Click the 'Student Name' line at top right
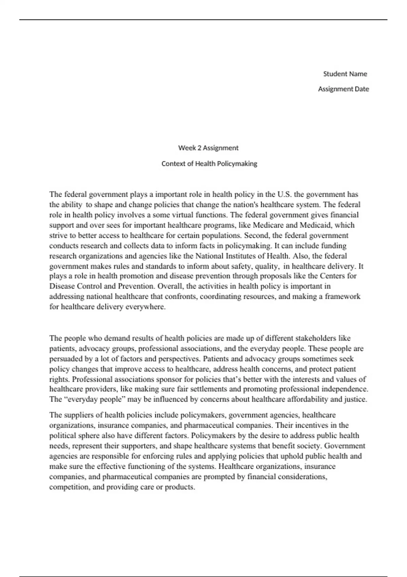click(345, 74)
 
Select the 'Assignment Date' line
click(343, 89)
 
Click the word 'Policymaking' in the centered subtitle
click(237, 164)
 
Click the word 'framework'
click(343, 296)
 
